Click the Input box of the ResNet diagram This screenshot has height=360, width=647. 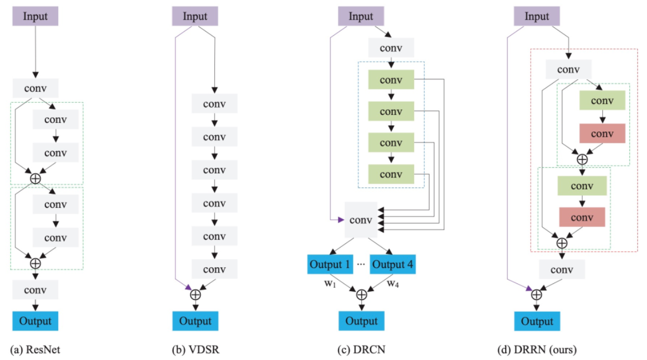click(x=35, y=16)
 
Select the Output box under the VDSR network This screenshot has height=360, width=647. click(x=195, y=321)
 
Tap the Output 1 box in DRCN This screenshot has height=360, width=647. click(x=330, y=264)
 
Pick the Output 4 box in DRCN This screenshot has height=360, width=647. click(x=393, y=264)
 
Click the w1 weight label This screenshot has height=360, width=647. click(x=330, y=283)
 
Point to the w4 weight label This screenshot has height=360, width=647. click(x=393, y=283)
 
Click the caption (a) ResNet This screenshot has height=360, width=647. click(x=35, y=349)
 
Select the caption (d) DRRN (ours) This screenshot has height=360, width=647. click(x=537, y=349)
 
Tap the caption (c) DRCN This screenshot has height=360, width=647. click(x=361, y=349)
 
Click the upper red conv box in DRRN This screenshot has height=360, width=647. click(x=602, y=133)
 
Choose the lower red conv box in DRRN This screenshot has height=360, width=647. click(x=582, y=217)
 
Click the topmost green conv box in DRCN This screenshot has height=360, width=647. click(x=391, y=79)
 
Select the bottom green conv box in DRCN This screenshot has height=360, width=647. click(x=391, y=174)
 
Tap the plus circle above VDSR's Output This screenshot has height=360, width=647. click(x=196, y=294)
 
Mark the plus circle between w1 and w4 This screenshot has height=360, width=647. click(x=362, y=294)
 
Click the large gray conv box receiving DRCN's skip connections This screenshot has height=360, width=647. click(x=361, y=220)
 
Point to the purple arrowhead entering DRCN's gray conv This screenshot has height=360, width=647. click(x=341, y=220)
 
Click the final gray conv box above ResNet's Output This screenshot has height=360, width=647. click(x=35, y=290)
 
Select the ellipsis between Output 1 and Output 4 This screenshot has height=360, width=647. click(x=361, y=264)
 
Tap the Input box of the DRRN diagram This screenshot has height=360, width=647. click(x=537, y=16)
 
